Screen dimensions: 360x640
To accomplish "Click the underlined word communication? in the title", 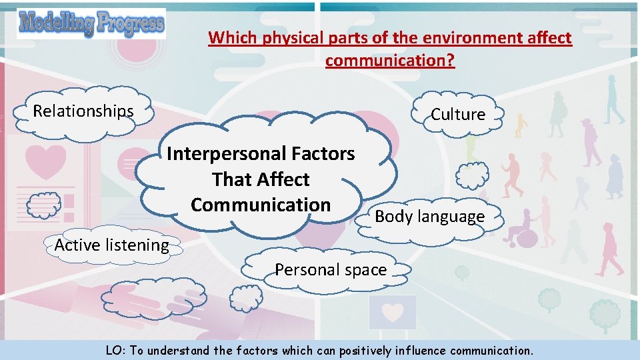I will click(390, 61).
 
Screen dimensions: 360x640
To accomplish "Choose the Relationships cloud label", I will click(83, 111).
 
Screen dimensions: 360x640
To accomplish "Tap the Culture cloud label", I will click(458, 114).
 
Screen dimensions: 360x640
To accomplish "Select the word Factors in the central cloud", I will click(325, 154).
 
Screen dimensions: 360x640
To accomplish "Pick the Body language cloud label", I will click(429, 217).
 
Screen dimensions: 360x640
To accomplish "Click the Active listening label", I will click(111, 245).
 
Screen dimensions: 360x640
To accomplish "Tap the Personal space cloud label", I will click(331, 269).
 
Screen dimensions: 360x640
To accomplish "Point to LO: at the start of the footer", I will click(115, 350).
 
